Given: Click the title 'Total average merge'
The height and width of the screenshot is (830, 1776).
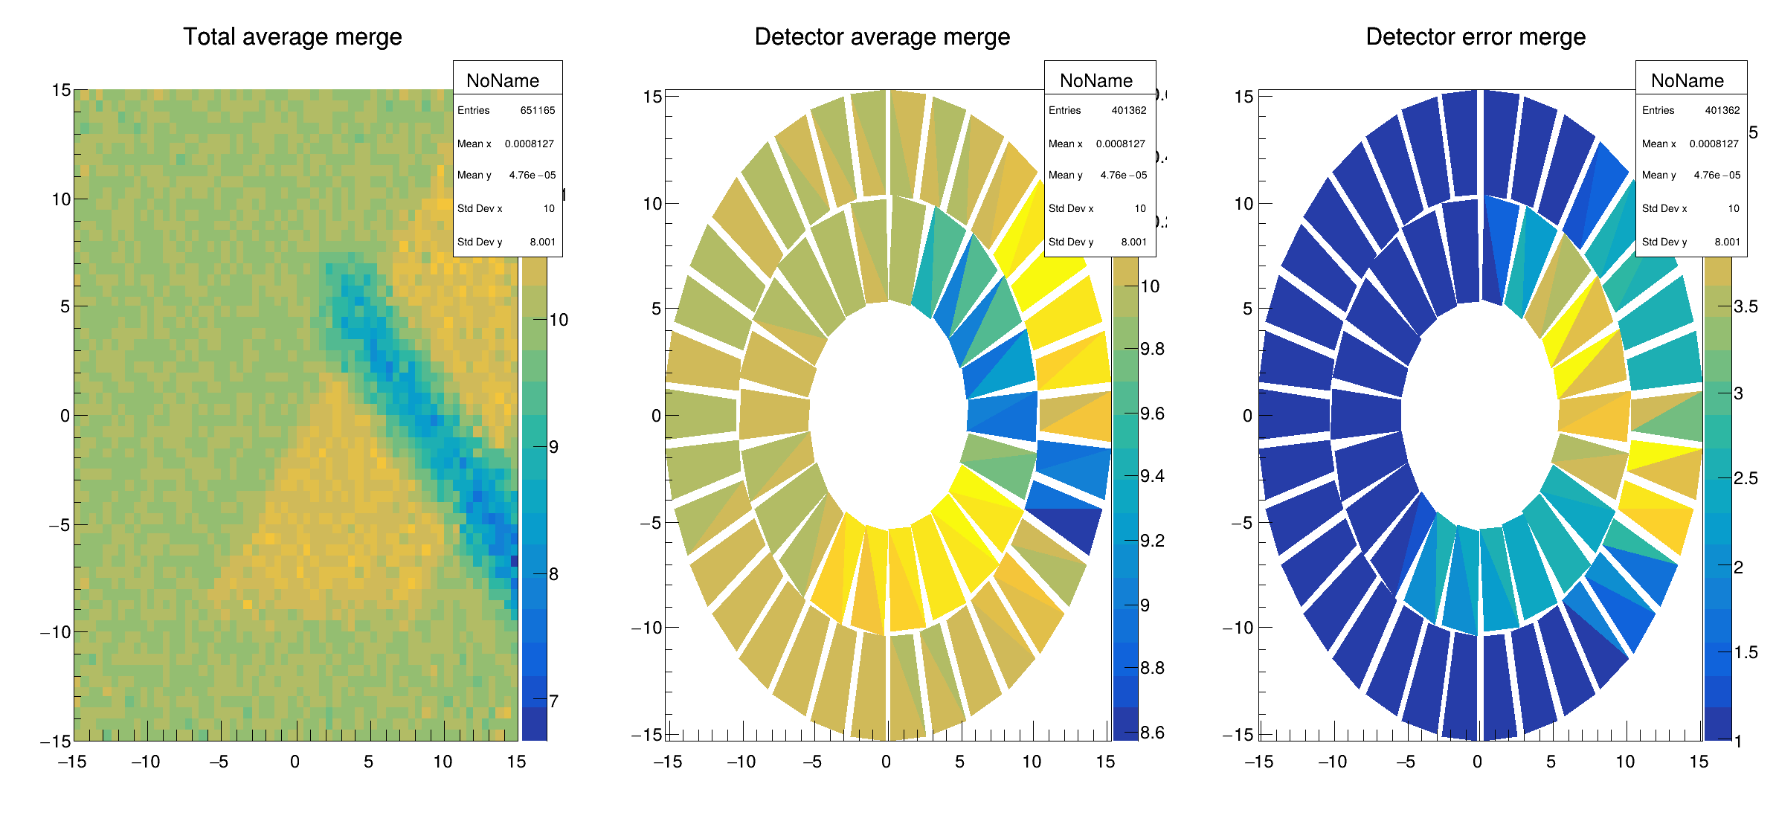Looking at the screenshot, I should point(292,37).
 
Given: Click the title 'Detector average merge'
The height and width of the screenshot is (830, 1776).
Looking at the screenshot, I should point(882,37).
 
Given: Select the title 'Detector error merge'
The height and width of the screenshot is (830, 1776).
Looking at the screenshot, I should point(1476,37).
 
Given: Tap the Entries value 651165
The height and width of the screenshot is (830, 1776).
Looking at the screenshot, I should point(537,111).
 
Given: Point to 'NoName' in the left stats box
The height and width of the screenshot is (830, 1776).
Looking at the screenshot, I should point(503,80).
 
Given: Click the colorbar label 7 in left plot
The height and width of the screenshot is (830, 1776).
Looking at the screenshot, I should point(553,701).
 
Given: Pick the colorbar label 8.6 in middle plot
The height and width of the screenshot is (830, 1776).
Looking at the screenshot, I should point(1152,733).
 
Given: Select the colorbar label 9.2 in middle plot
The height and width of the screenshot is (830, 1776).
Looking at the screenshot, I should point(1152,541).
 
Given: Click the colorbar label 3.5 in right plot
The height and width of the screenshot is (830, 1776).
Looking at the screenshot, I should point(1746,307).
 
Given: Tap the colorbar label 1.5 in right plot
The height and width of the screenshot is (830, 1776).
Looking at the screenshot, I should point(1746,652).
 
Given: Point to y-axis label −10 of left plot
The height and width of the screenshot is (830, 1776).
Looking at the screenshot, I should point(55,632).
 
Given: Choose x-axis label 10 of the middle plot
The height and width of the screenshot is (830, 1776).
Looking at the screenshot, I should point(1031,762).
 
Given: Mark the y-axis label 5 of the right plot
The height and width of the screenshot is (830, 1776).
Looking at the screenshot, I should point(1246,309).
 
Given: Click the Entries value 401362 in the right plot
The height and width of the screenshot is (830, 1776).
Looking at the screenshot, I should point(1722,111).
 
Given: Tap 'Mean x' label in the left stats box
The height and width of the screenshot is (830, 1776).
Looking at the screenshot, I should point(474,144).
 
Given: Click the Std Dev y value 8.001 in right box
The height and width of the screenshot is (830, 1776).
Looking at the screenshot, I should point(1727,242).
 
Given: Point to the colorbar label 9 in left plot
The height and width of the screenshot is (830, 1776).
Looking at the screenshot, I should point(553,447).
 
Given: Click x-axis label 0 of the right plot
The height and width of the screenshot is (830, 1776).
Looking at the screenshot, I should point(1477,762).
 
